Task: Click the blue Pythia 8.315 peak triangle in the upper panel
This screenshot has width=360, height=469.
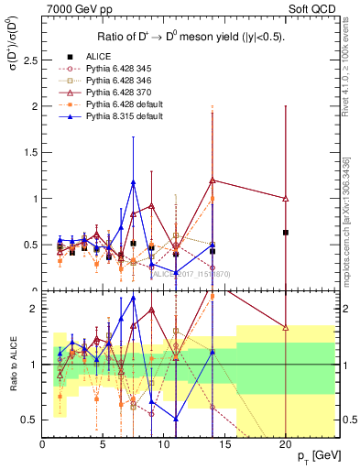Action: pos(134,182)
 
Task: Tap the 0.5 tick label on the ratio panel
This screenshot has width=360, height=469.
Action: pos(29,420)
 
